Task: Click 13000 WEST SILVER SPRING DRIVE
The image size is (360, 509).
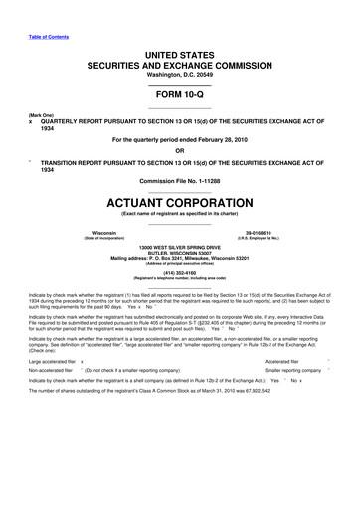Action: tap(180, 246)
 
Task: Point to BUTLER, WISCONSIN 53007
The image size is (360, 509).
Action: tap(180, 253)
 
